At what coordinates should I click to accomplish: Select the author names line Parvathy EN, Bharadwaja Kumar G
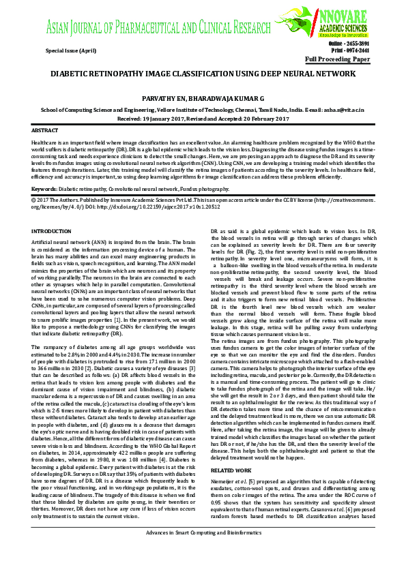pyautogui.click(x=203, y=99)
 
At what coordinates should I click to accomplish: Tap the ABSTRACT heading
pyautogui.click(x=45, y=130)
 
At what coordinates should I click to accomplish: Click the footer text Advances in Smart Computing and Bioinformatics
pyautogui.click(x=203, y=551)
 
